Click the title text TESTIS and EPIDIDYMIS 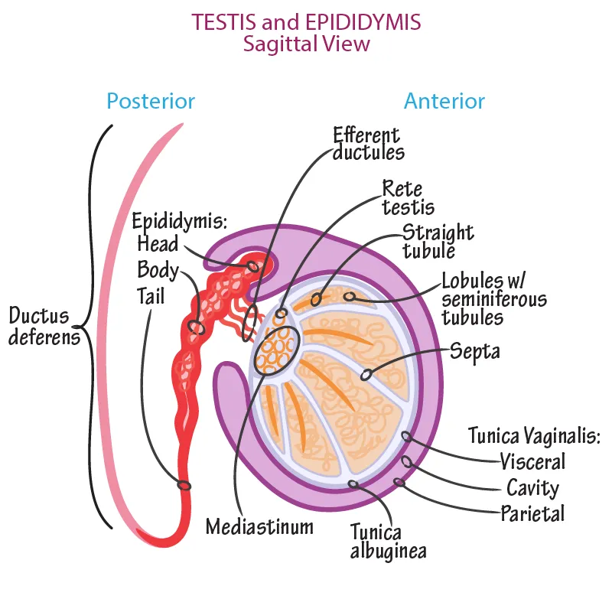click(306, 21)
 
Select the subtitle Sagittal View click(306, 44)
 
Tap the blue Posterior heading click(151, 101)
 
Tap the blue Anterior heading click(444, 101)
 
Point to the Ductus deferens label click(44, 326)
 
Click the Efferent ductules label click(368, 144)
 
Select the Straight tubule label click(438, 241)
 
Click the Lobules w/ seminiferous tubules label click(493, 298)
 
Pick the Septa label click(474, 352)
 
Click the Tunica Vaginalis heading click(534, 437)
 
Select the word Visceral click(532, 461)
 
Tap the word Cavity click(532, 487)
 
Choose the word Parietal click(532, 513)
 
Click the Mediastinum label click(259, 526)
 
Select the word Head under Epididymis click(158, 244)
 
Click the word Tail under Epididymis click(151, 295)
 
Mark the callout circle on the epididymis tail click(184, 485)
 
